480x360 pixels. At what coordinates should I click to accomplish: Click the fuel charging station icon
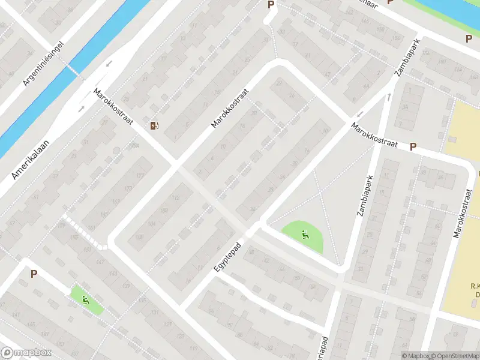[154, 125]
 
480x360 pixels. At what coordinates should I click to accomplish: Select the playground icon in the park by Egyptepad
[305, 235]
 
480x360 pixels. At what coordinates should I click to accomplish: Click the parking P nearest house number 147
[34, 274]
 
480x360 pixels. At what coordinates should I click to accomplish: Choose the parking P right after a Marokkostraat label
[413, 146]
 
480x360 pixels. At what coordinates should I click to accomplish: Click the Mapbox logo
[26, 353]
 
